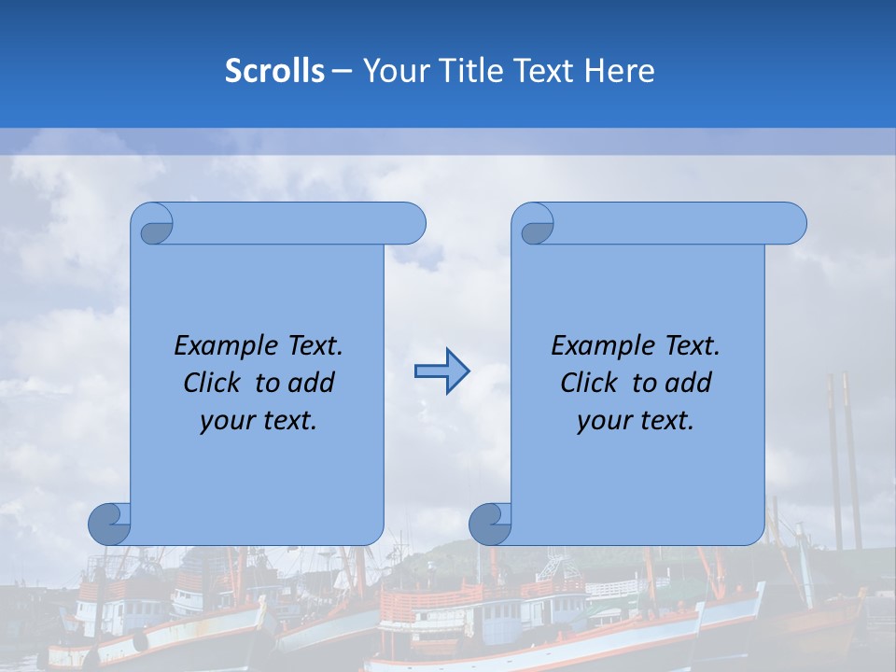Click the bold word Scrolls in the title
[x=275, y=71]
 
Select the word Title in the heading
[x=476, y=71]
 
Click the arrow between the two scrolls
[x=441, y=371]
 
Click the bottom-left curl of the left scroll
[x=109, y=525]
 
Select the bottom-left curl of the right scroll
[x=490, y=525]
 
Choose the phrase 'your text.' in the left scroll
[x=259, y=420]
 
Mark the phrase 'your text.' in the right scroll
[x=636, y=420]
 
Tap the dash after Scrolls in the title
[x=342, y=71]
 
